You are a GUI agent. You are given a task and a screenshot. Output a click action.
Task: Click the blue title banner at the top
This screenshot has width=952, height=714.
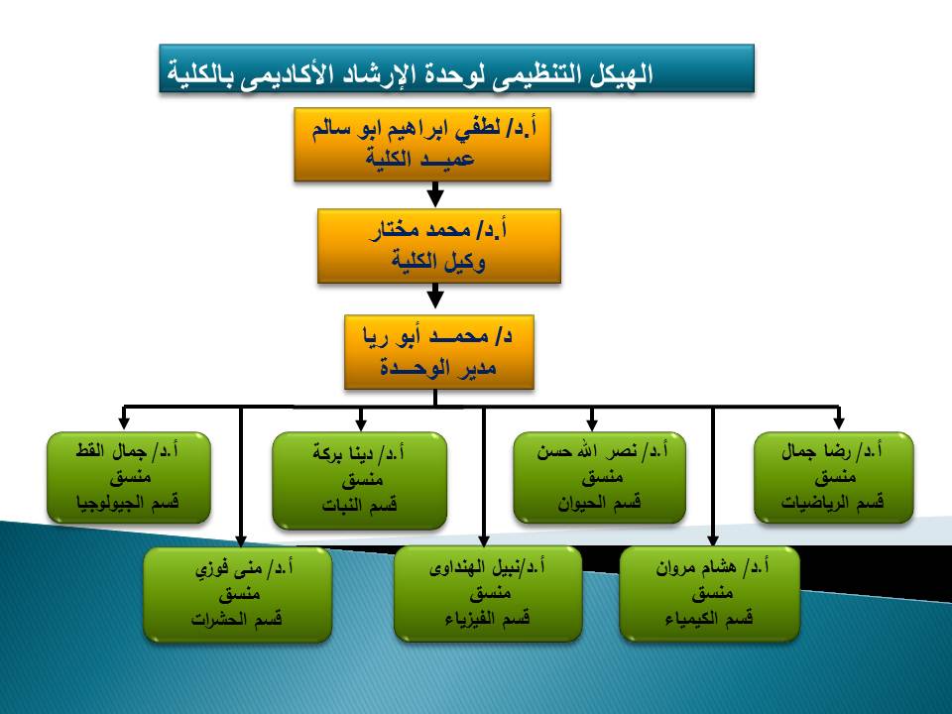coord(456,68)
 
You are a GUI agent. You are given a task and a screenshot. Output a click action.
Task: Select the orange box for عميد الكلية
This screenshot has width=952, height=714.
coord(422,145)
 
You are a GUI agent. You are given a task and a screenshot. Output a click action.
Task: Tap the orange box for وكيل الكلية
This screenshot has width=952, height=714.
coord(439,246)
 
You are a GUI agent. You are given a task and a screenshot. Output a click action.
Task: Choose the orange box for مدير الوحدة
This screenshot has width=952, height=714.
coord(439,351)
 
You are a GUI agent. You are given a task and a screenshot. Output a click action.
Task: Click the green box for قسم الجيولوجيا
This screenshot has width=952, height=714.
coord(129,477)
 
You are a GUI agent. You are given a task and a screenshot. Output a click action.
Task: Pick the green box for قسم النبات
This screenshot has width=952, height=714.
coord(359,480)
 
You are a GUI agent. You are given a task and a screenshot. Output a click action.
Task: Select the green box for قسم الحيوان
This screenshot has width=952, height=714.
coord(600,477)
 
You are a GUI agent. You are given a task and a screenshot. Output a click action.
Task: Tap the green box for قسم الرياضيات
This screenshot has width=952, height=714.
coord(834,477)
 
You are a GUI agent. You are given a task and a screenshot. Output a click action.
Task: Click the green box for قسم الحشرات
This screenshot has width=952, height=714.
coord(238,594)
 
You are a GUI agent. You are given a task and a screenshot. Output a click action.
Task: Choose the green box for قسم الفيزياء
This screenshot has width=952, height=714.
coord(488,594)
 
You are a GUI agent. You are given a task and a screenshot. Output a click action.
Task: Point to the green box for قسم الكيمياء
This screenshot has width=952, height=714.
coord(710,594)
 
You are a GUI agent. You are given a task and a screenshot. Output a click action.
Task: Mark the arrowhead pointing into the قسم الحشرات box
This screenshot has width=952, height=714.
coord(241,540)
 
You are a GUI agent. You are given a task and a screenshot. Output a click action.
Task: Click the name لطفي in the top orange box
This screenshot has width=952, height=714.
coord(477,129)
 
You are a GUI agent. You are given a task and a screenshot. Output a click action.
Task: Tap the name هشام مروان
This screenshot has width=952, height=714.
coord(696,567)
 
